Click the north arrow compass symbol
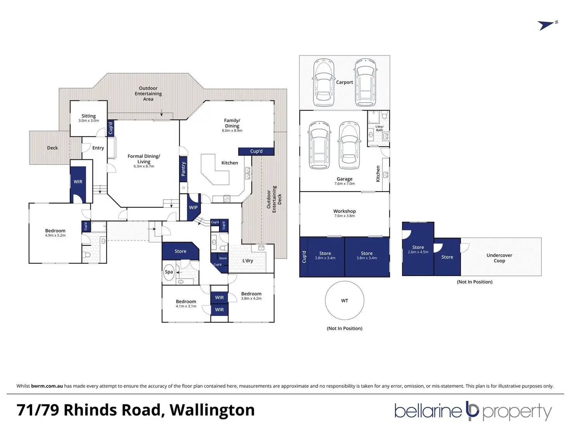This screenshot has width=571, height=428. tap(546, 26)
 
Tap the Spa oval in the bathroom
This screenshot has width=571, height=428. tap(169, 271)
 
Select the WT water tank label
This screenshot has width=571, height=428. tap(344, 301)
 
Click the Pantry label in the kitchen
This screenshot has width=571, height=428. tap(183, 169)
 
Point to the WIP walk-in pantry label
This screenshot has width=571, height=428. tap(193, 207)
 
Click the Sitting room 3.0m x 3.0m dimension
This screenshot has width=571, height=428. tap(89, 121)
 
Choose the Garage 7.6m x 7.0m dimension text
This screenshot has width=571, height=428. tap(344, 183)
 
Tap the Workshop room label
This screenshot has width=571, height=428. tap(344, 211)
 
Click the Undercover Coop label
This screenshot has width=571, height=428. tap(499, 258)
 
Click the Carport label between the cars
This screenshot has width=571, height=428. tap(344, 82)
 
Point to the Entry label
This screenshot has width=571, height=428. tap(98, 148)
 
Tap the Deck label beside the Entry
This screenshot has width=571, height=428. tap(52, 148)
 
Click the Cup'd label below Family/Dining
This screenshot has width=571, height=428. tap(256, 151)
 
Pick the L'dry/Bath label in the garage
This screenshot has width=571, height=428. tap(379, 128)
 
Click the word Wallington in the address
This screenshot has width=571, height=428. tap(212, 410)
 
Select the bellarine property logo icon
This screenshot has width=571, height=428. tap(472, 410)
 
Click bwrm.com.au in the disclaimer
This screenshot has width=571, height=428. tap(47, 386)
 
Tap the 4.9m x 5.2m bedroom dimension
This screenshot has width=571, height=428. tap(55, 235)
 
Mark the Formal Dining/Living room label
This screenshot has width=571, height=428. tap(144, 159)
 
